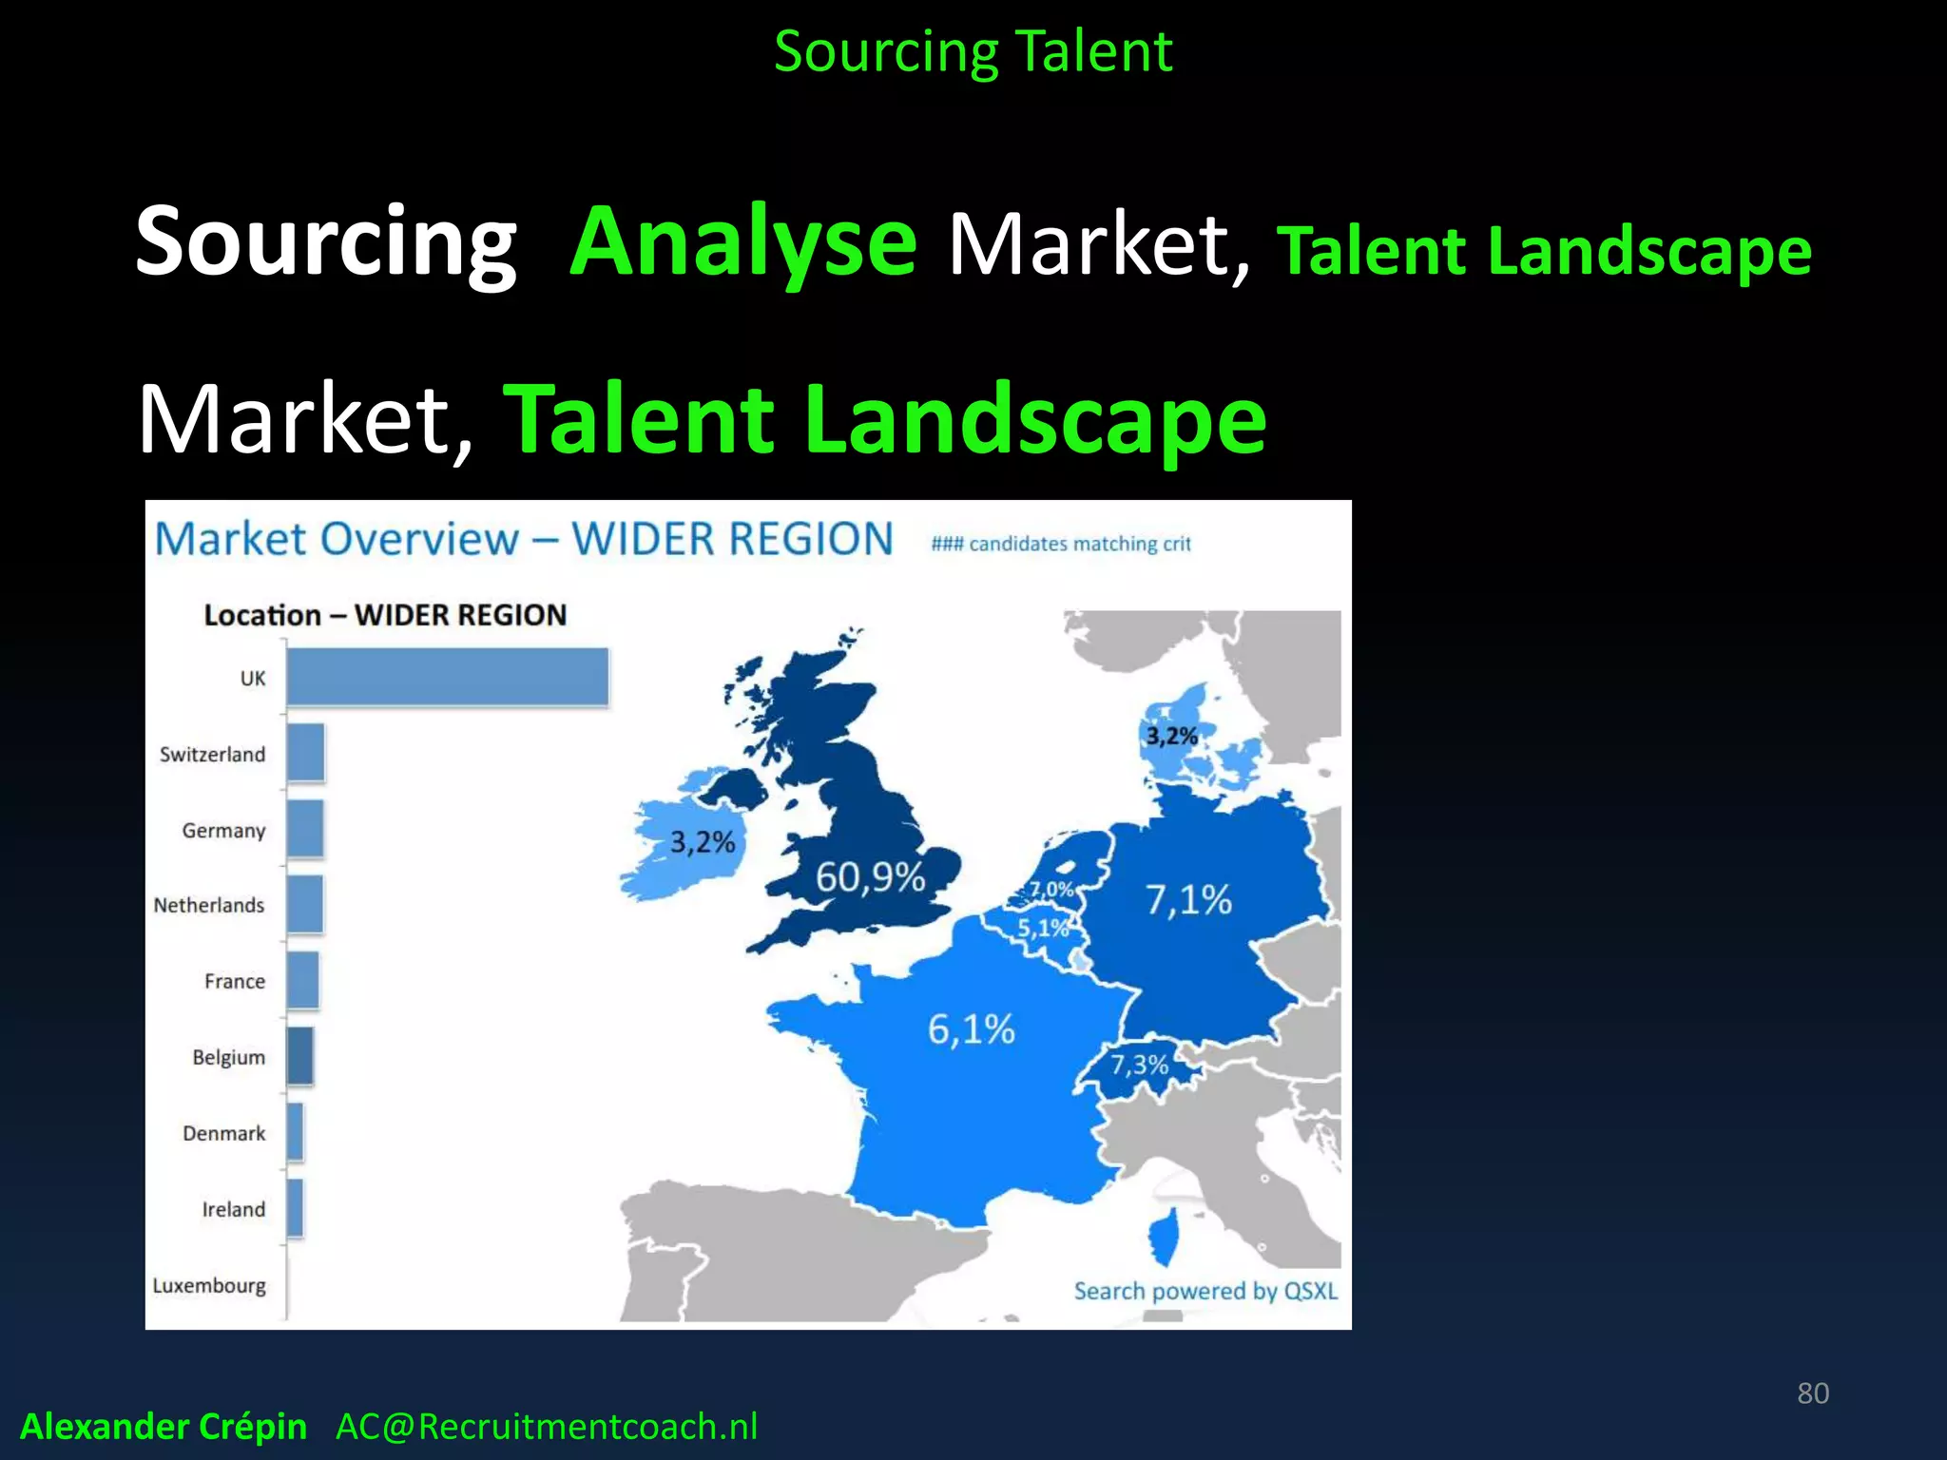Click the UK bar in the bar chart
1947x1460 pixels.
click(x=447, y=677)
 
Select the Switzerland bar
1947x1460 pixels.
click(x=305, y=753)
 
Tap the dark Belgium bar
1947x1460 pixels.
click(x=299, y=1056)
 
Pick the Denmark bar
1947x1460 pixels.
click(x=295, y=1132)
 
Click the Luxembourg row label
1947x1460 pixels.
click(x=209, y=1285)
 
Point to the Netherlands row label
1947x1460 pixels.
click(x=209, y=905)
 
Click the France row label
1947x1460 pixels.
click(x=234, y=981)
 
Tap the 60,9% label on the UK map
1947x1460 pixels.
click(x=870, y=876)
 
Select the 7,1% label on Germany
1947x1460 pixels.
click(x=1187, y=899)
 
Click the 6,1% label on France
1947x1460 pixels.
click(x=971, y=1028)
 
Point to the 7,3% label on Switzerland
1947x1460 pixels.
click(x=1139, y=1065)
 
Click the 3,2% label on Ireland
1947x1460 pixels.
click(x=703, y=842)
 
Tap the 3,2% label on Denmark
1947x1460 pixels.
click(x=1171, y=736)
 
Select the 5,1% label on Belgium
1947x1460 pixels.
click(x=1043, y=928)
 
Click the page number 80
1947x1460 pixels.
click(x=1812, y=1393)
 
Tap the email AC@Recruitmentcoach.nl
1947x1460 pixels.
click(x=547, y=1427)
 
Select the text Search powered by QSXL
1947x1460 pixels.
click(x=1205, y=1291)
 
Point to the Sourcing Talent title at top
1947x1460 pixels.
click(x=973, y=51)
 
